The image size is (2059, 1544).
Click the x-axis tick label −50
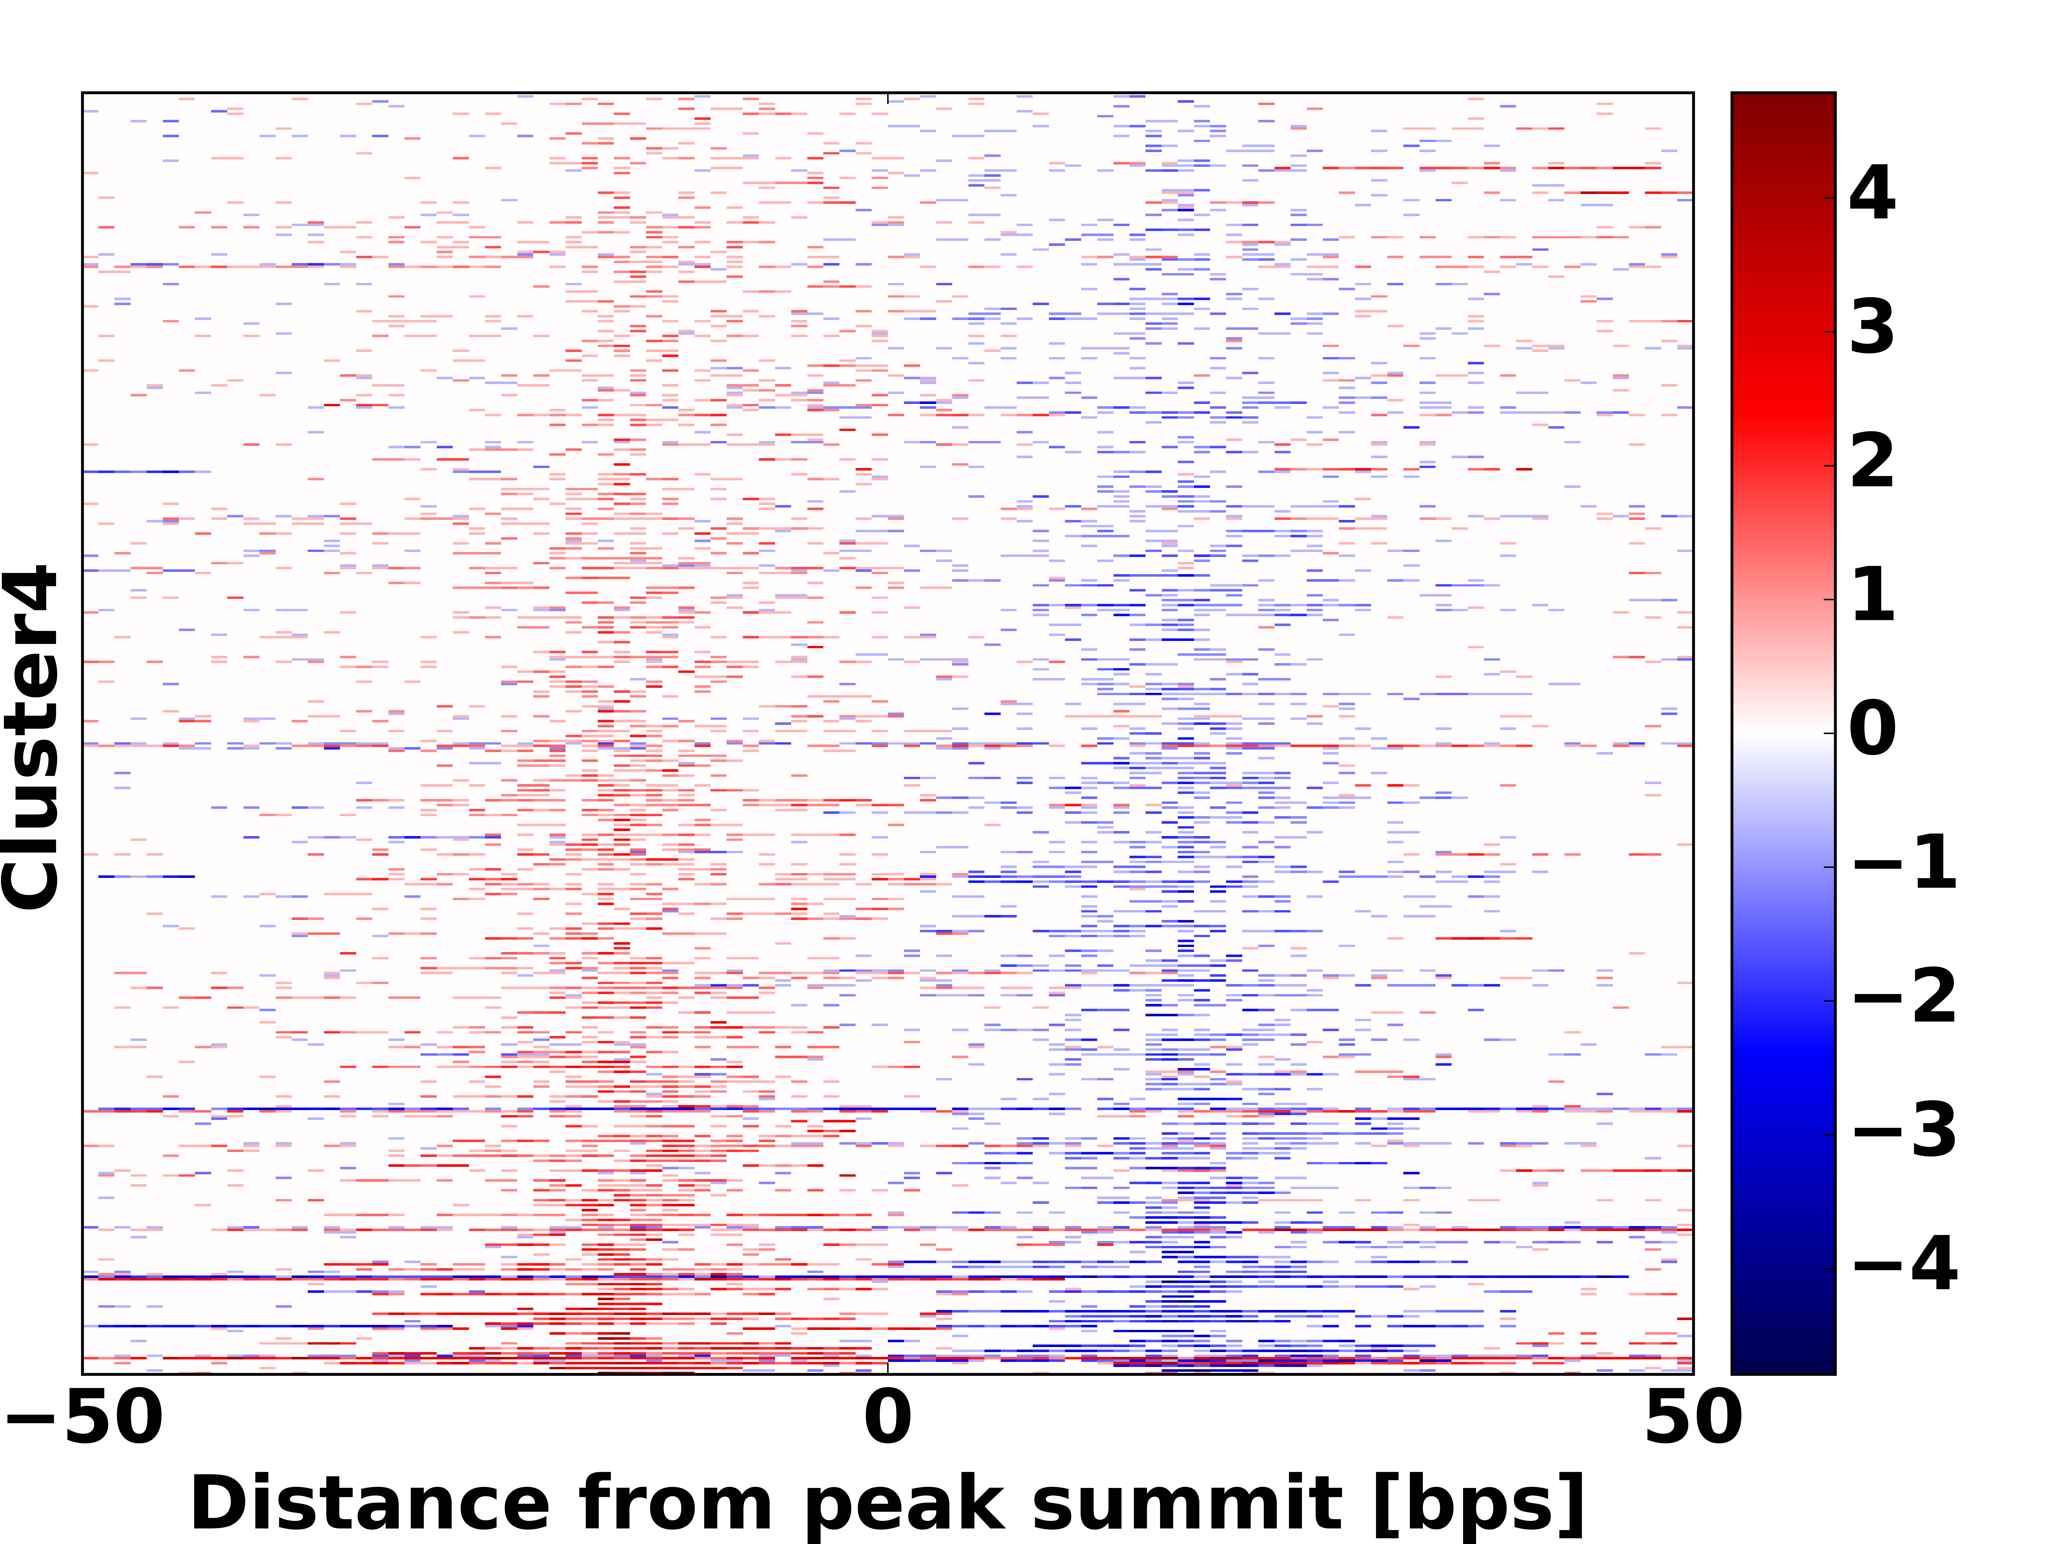tap(84, 1418)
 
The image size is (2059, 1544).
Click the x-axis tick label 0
tap(887, 1418)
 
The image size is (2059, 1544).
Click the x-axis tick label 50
tap(1692, 1418)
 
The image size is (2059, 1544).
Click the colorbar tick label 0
tap(1872, 730)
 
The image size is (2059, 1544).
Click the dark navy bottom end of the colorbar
tap(1783, 1364)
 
